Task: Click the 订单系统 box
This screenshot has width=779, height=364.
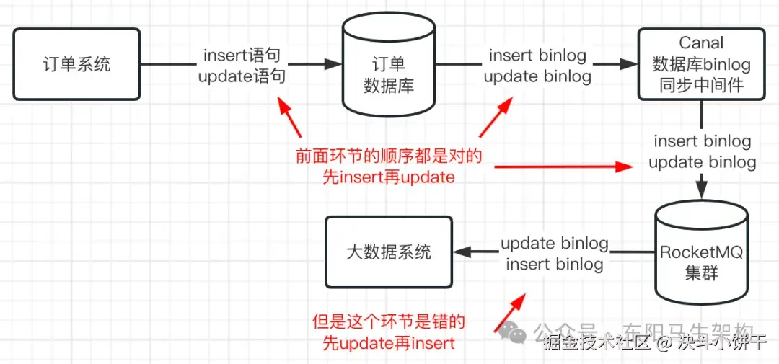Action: [76, 64]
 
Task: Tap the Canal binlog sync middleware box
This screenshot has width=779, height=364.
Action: [701, 64]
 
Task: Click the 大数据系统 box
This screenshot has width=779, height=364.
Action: [388, 252]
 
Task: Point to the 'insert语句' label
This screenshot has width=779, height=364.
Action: [241, 55]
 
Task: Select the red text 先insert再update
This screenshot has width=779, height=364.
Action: [389, 177]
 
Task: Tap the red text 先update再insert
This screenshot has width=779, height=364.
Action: [389, 342]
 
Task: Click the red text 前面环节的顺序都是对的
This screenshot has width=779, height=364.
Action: [389, 156]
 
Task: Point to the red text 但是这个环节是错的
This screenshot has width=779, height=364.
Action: [389, 321]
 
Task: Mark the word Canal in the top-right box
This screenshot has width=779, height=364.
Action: [701, 43]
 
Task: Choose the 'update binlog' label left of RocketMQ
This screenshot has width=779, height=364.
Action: [554, 244]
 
